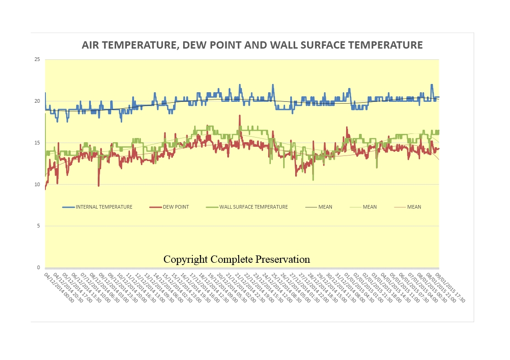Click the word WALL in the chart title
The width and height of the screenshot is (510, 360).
[x=284, y=45]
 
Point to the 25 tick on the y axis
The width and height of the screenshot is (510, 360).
[x=37, y=60]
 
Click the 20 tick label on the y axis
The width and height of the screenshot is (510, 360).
[x=37, y=101]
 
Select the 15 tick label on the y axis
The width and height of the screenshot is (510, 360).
[x=37, y=143]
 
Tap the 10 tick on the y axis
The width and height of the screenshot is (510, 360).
[x=37, y=184]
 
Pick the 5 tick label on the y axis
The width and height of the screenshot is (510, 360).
[x=39, y=226]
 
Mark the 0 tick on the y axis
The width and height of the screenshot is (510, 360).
[x=39, y=268]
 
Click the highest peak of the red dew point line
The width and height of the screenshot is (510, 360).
[x=240, y=116]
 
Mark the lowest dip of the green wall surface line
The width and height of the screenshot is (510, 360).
[x=313, y=180]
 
